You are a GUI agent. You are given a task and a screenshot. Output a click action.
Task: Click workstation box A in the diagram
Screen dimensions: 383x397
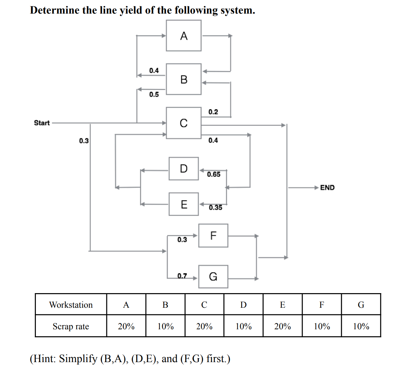[183, 35]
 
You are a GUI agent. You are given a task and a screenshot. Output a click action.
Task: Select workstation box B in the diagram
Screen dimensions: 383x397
[183, 79]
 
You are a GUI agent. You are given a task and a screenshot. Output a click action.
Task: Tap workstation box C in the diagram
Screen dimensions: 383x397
[183, 123]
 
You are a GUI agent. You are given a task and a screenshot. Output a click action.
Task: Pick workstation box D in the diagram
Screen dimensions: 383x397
[183, 169]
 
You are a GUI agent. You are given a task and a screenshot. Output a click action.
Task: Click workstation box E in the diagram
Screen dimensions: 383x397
[183, 204]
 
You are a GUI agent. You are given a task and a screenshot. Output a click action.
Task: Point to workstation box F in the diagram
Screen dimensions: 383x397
[213, 236]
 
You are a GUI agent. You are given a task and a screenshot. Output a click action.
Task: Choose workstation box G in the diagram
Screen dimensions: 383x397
[213, 277]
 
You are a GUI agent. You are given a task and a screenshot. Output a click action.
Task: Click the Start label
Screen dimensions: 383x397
[42, 123]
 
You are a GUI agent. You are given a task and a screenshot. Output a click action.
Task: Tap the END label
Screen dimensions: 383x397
[327, 188]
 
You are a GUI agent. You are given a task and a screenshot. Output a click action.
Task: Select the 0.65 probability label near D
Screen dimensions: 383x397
[214, 174]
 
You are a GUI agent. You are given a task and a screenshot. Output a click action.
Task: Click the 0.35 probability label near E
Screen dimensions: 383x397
[215, 208]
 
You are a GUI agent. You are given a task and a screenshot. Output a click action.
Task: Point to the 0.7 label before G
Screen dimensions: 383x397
[182, 276]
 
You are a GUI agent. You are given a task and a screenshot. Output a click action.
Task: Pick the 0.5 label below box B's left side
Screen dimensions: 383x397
[154, 95]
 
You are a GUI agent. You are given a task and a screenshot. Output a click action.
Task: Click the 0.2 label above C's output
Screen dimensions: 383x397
[213, 112]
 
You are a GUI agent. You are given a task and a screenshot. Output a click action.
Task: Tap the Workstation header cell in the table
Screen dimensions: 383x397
[71, 305]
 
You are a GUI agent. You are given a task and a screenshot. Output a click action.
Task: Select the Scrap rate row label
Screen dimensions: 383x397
[71, 327]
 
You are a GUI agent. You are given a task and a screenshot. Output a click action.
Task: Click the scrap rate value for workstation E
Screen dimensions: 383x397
[282, 327]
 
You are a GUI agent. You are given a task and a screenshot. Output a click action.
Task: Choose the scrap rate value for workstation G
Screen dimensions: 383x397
[361, 327]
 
